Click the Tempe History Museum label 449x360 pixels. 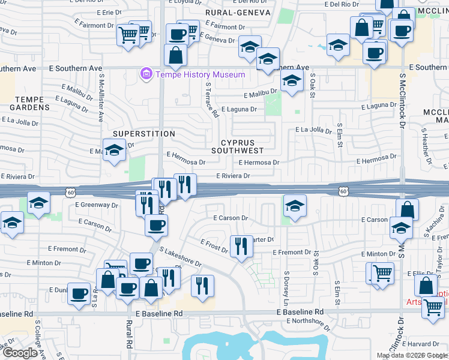tap(200, 75)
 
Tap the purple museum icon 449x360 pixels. tap(145, 74)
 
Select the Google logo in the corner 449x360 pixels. tap(20, 353)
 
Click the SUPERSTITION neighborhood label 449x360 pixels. tap(144, 134)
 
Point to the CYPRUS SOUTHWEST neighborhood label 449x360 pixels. tap(238, 146)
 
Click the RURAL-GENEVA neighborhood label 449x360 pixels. tap(237, 12)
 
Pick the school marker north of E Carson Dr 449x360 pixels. tap(294, 206)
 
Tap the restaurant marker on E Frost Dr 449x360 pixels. tap(241, 246)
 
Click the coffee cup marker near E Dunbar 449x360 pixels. tap(79, 293)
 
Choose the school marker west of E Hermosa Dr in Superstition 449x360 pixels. tap(113, 151)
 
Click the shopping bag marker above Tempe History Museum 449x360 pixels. tap(176, 55)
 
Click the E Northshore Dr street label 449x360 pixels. tap(309, 323)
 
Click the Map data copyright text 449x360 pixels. tap(412, 355)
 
